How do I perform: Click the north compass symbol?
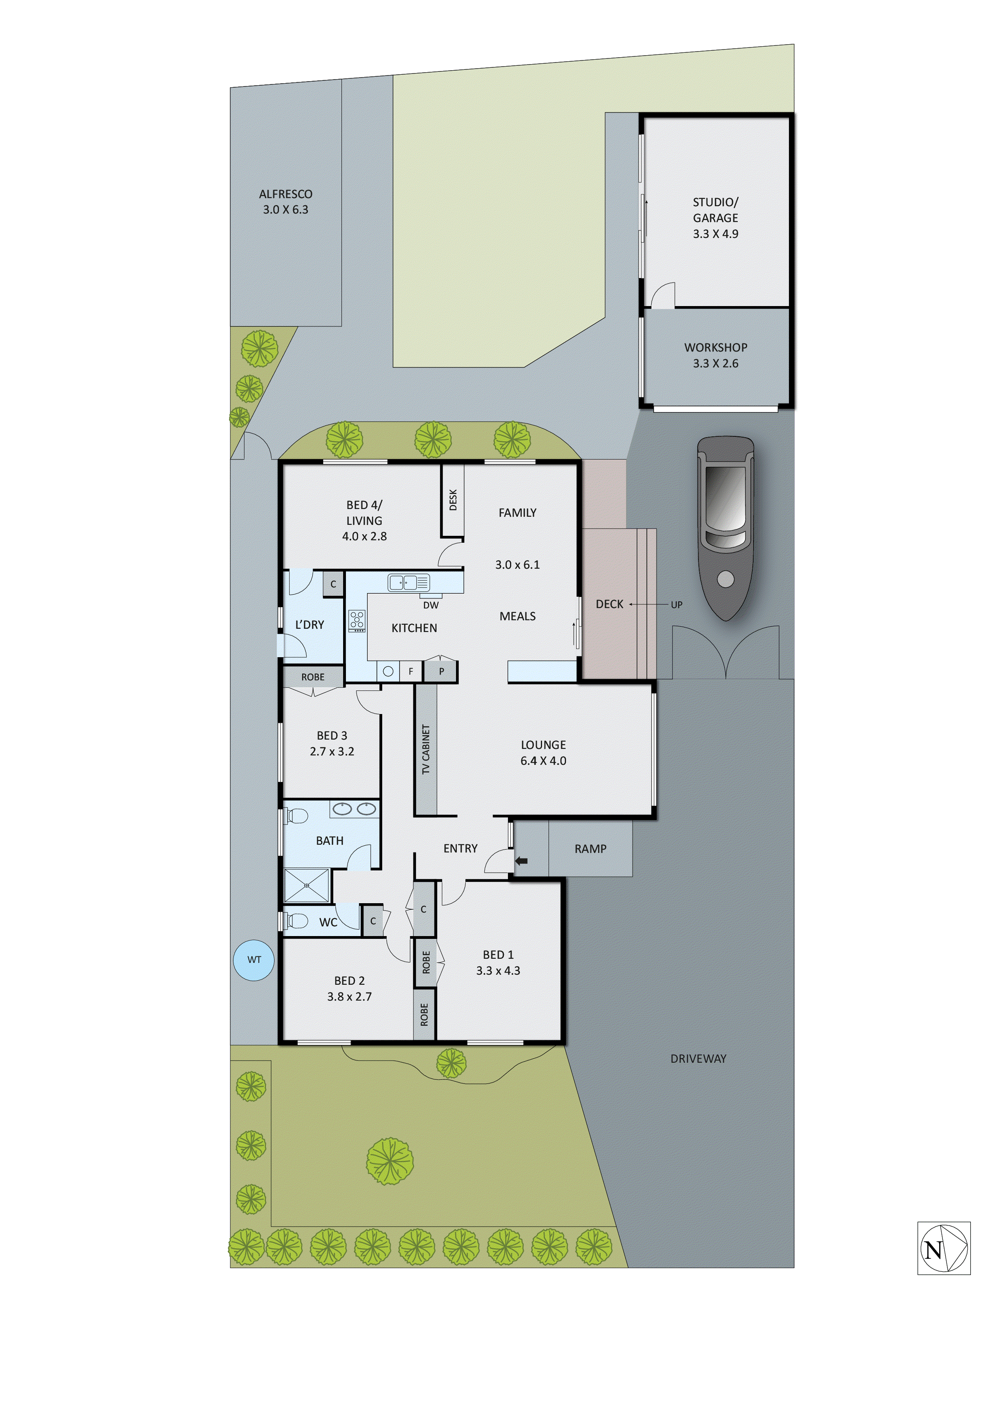pyautogui.click(x=943, y=1249)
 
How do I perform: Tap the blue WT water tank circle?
pyautogui.click(x=254, y=960)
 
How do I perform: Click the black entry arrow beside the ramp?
pyautogui.click(x=521, y=861)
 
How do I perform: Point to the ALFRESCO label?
pyautogui.click(x=285, y=194)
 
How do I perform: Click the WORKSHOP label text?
pyautogui.click(x=715, y=347)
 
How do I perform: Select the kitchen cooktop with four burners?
pyautogui.click(x=357, y=620)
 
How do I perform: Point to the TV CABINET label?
pyautogui.click(x=426, y=749)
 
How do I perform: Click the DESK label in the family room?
pyautogui.click(x=453, y=500)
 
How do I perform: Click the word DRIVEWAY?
pyautogui.click(x=698, y=1059)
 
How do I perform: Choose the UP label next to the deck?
pyautogui.click(x=676, y=605)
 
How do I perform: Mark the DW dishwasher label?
pyautogui.click(x=430, y=605)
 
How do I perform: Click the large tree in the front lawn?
pyautogui.click(x=390, y=1161)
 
